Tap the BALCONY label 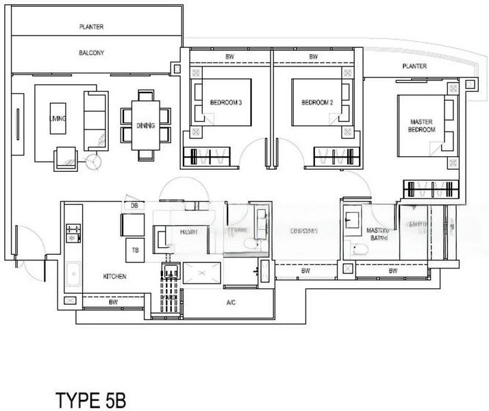(x=91, y=52)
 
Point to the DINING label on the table (x=145, y=125)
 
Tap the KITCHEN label (x=115, y=277)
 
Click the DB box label (x=134, y=206)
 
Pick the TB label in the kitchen (x=135, y=251)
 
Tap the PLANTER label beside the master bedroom (x=414, y=66)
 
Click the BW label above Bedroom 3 (x=228, y=56)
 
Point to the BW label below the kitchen (x=112, y=301)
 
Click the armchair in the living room (x=67, y=156)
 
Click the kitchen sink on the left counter (x=72, y=277)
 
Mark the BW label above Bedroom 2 (x=313, y=56)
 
